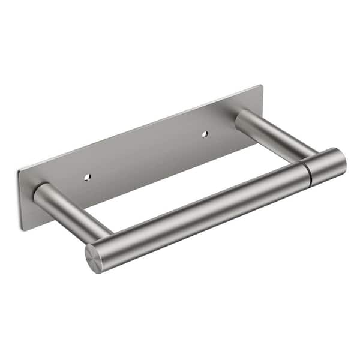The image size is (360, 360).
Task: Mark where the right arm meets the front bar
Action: tap(300, 157)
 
